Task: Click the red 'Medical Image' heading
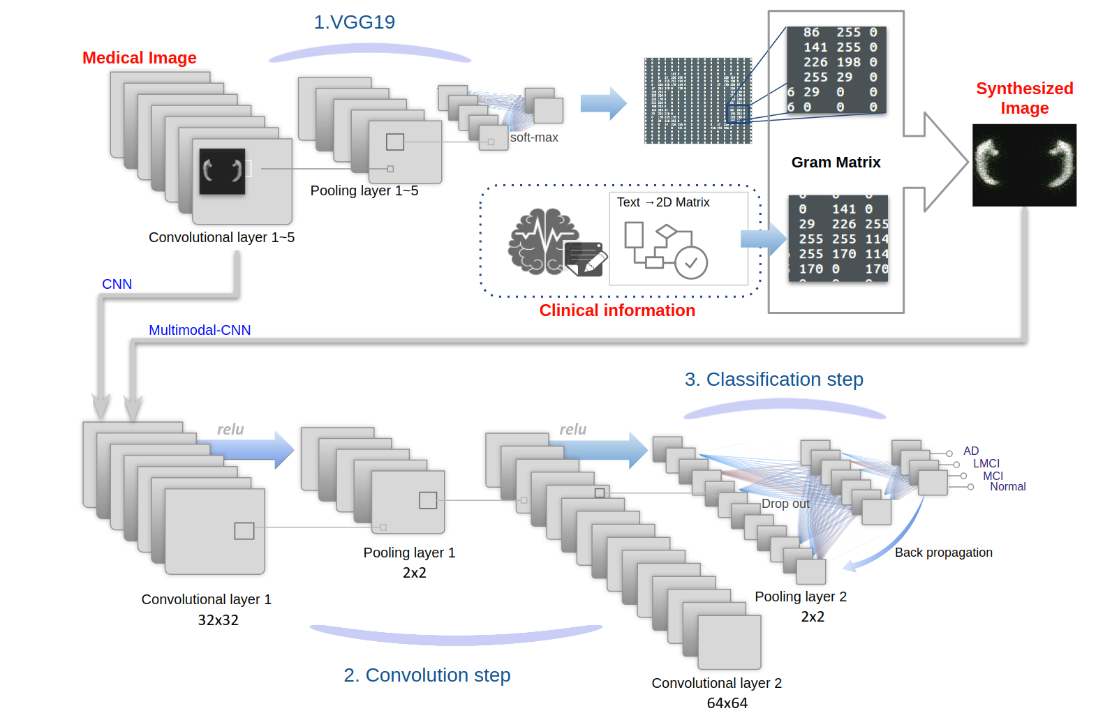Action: point(140,58)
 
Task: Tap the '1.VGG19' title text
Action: point(354,22)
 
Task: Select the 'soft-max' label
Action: point(534,138)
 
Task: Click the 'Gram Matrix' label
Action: point(836,163)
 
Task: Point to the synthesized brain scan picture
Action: point(1024,165)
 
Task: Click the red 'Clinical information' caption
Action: point(617,310)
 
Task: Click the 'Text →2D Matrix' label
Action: point(663,202)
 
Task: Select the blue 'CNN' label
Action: point(117,284)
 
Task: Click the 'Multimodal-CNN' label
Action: point(200,330)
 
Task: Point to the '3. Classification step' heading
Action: point(773,380)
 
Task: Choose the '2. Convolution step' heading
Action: point(427,675)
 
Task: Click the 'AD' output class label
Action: point(971,451)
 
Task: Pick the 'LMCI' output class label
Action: point(986,463)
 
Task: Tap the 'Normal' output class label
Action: point(1007,487)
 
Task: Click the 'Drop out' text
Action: point(785,504)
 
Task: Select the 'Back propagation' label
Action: point(943,553)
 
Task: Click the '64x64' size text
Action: point(727,703)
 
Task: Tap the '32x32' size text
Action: point(218,620)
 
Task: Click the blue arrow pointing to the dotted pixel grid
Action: point(603,104)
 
